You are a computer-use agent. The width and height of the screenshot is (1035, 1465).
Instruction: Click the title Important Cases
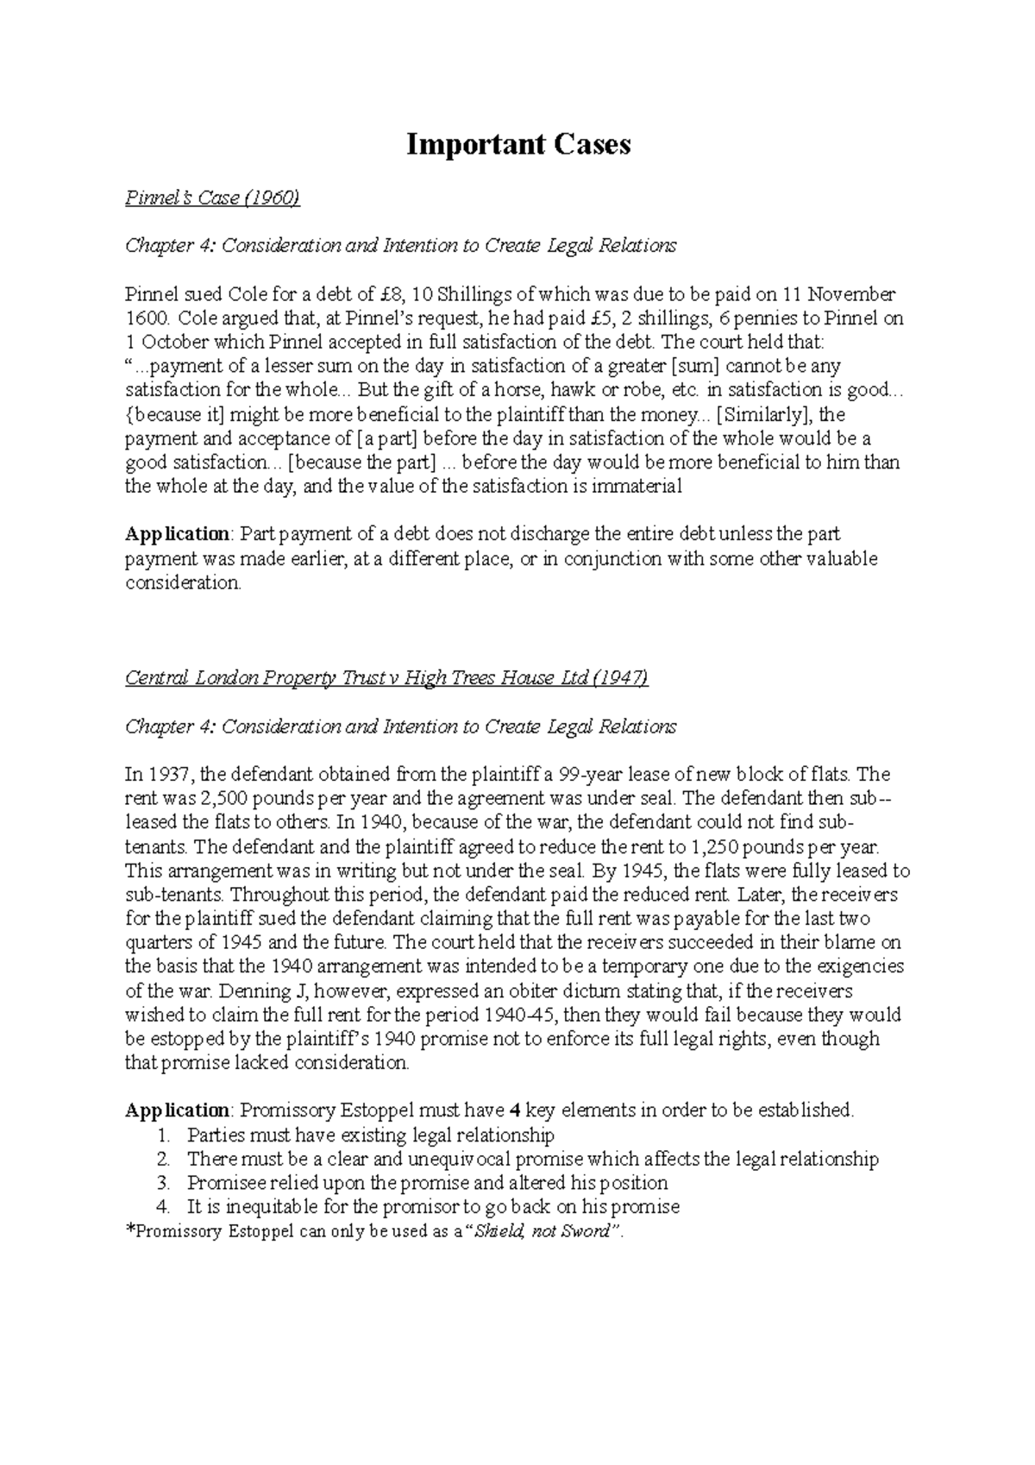click(518, 145)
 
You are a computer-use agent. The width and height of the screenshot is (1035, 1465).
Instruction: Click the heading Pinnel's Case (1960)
click(212, 198)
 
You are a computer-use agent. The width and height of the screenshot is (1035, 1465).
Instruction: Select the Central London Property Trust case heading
click(386, 678)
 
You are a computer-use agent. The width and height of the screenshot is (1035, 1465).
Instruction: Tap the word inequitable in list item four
click(275, 1207)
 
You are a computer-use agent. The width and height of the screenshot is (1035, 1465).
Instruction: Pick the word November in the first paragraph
click(855, 293)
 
